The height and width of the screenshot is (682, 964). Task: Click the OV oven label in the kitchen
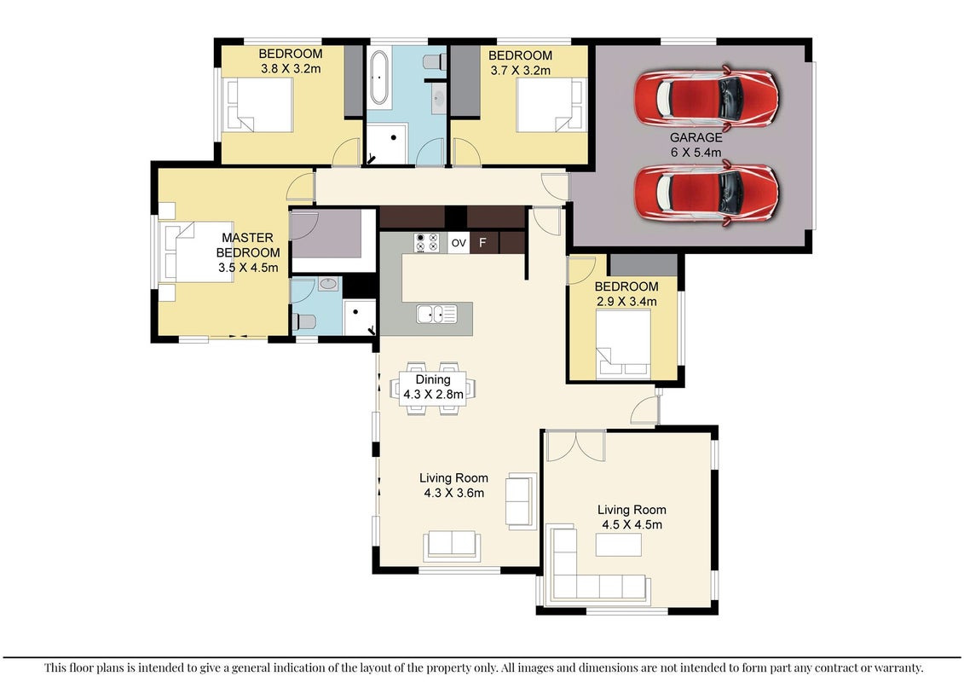pyautogui.click(x=459, y=243)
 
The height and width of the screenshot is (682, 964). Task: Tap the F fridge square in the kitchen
pyautogui.click(x=482, y=243)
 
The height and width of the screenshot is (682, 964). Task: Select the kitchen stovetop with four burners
pyautogui.click(x=427, y=242)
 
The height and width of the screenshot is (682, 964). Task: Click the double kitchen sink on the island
pyautogui.click(x=436, y=314)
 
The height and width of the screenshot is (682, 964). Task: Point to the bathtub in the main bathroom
pyautogui.click(x=378, y=77)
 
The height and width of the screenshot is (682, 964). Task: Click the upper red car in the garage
pyautogui.click(x=707, y=98)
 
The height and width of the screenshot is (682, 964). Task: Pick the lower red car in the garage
pyautogui.click(x=707, y=193)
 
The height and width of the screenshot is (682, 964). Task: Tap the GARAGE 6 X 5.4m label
pyautogui.click(x=696, y=145)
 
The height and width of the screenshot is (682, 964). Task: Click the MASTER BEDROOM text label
pyautogui.click(x=248, y=245)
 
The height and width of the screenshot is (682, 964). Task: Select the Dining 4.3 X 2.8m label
pyautogui.click(x=433, y=387)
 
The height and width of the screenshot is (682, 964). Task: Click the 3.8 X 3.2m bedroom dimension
pyautogui.click(x=291, y=69)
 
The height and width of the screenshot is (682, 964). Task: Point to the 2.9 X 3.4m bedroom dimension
pyautogui.click(x=626, y=301)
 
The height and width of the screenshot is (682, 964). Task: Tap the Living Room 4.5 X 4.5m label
pyautogui.click(x=632, y=517)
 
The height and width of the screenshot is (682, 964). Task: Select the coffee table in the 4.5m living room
pyautogui.click(x=619, y=545)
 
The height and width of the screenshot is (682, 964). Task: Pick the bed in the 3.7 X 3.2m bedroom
pyautogui.click(x=551, y=105)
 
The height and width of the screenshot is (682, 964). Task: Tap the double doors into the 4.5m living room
pyautogui.click(x=576, y=447)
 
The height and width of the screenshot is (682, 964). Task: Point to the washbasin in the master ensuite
pyautogui.click(x=329, y=284)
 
